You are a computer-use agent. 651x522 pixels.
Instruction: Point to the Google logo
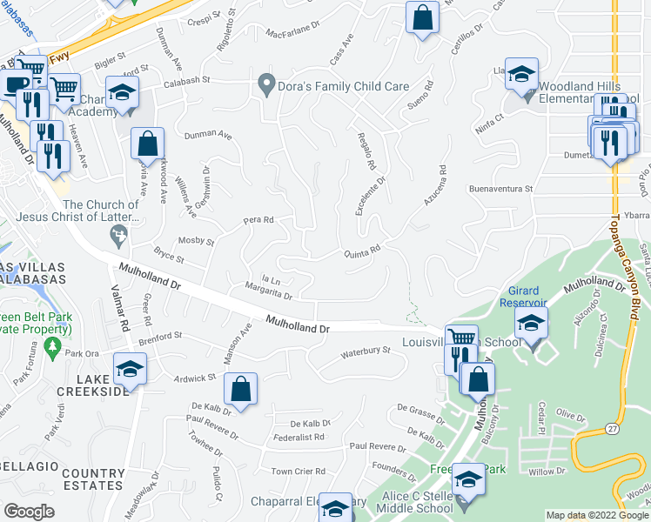coord(29,512)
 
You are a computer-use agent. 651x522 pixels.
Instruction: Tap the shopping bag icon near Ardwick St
coord(240,390)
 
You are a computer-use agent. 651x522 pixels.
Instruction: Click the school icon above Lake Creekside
coord(130,369)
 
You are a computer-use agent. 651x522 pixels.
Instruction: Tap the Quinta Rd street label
coord(363,250)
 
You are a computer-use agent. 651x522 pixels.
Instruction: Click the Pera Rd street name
coord(258,220)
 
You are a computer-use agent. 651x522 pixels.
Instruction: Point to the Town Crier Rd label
coord(298,472)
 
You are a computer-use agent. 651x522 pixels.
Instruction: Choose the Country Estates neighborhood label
coord(94,478)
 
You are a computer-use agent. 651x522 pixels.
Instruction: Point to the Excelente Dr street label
coord(369,197)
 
